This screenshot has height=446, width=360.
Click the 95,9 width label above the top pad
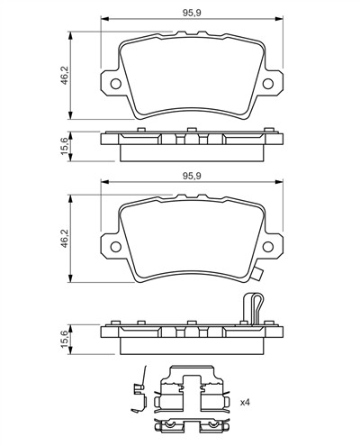click(192, 13)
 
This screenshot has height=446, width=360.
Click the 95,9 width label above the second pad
click(192, 177)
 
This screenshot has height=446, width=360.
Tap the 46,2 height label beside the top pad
click(65, 75)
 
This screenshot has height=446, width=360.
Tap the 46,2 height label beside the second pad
click(65, 239)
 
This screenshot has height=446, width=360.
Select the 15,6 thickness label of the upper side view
click(65, 146)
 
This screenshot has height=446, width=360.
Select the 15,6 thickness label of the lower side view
click(65, 340)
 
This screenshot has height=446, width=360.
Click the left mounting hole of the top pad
click(115, 84)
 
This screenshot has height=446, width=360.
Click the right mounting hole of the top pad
click(268, 84)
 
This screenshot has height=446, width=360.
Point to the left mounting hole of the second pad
click(115, 247)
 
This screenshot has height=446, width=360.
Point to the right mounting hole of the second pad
click(268, 247)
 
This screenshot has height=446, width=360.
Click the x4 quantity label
click(245, 403)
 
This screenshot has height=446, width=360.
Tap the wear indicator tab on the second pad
click(257, 275)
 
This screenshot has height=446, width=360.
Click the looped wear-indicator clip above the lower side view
click(254, 309)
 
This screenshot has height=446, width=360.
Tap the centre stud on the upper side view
click(192, 130)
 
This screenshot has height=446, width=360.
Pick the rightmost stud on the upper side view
click(269, 130)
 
